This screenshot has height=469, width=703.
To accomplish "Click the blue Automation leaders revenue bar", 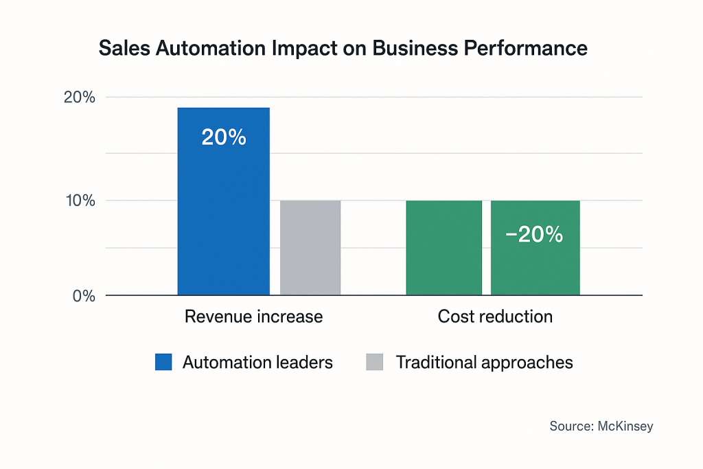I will pos(223,206).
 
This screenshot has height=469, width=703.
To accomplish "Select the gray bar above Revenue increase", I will pos(310,248).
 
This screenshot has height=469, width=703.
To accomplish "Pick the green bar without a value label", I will pos(443,248).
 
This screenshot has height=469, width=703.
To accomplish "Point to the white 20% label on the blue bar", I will pos(223,137).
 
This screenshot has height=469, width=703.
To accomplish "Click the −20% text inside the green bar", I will pos(534,235).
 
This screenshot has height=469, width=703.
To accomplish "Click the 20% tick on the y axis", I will pos(80,98).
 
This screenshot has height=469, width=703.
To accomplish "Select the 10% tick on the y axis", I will pos(80,201).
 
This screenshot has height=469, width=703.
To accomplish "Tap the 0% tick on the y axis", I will pos(84,296).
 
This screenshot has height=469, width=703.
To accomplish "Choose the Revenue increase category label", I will pos(253,317).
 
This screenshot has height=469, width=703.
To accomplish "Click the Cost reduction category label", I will pos(495,317).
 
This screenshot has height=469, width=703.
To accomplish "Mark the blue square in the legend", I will pos(163,363).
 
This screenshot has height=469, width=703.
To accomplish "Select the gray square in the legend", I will pos(375,363).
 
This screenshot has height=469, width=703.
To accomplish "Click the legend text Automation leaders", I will pos(257,363).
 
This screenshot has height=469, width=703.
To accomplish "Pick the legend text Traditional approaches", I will pos(484,363).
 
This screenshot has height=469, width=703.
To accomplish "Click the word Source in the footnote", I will pos(568,426).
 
